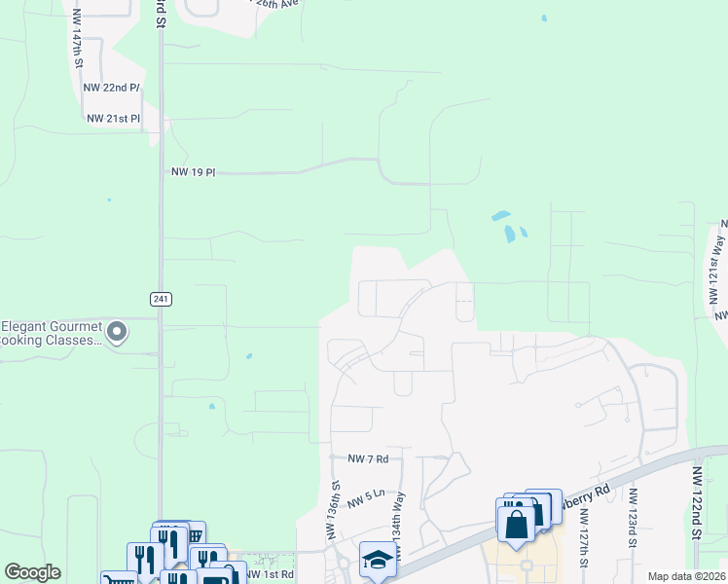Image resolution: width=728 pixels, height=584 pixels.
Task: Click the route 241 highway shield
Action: (162, 299)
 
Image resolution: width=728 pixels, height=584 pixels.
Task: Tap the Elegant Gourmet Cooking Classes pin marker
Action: (118, 334)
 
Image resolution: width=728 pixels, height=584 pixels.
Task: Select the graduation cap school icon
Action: (375, 560)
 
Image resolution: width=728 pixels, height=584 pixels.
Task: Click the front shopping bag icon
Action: (517, 524)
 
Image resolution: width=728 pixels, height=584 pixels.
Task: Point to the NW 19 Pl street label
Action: (193, 172)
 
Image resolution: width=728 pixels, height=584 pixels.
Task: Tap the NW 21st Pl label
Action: (113, 119)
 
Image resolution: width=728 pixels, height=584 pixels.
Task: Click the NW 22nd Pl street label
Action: (113, 88)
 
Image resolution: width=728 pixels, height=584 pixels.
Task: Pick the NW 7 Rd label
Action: (369, 457)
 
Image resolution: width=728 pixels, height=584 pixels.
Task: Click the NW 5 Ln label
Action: (368, 496)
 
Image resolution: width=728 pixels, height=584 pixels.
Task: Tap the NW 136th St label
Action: (333, 510)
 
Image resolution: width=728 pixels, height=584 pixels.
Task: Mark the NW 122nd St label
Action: (697, 502)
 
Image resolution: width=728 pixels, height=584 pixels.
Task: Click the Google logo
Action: (33, 572)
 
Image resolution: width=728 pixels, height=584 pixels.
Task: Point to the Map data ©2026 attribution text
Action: (685, 576)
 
